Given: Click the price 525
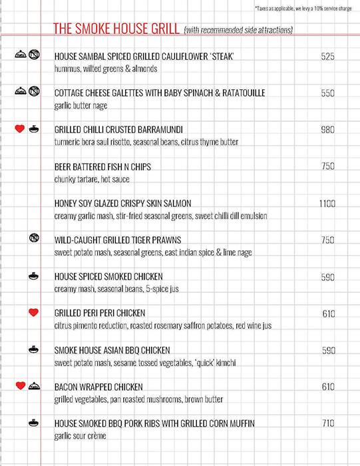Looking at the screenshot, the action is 327,56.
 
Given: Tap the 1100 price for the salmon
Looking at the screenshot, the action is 327,203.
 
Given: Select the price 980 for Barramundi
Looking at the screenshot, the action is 327,130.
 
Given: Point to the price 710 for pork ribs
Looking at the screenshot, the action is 327,423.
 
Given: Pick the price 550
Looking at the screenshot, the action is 327,93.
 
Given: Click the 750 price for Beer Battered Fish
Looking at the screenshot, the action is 327,166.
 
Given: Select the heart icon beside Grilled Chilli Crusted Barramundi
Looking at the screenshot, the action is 20,129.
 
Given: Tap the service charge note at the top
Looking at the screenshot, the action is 306,8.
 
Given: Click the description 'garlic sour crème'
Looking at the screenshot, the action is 81,435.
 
